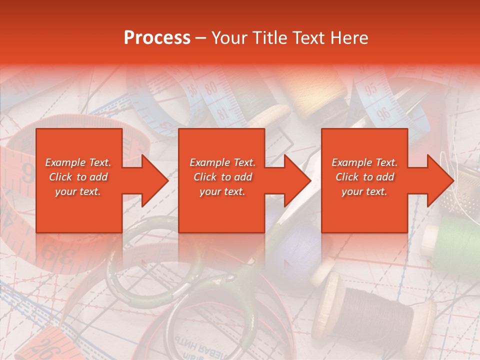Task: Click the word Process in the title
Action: pyautogui.click(x=156, y=38)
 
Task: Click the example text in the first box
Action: pyautogui.click(x=78, y=177)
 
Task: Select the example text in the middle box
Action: pyautogui.click(x=222, y=177)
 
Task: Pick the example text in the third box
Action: pyautogui.click(x=364, y=177)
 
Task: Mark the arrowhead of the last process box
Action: pyautogui.click(x=440, y=180)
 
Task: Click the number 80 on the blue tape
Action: pyautogui.click(x=211, y=89)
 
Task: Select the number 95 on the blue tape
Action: pyautogui.click(x=371, y=89)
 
